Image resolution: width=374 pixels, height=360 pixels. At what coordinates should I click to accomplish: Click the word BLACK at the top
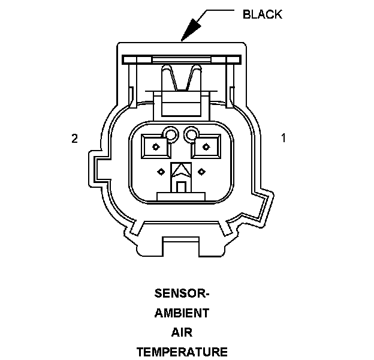tap(263, 14)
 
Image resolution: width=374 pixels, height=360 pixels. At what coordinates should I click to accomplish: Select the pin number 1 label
tap(283, 138)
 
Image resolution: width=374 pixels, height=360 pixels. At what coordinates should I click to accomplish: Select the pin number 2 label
tap(75, 139)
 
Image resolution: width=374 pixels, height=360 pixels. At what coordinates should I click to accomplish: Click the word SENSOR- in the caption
tap(182, 293)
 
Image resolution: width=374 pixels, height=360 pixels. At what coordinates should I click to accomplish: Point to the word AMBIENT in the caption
tap(182, 313)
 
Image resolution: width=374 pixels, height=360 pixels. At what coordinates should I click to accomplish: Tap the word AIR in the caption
tap(182, 332)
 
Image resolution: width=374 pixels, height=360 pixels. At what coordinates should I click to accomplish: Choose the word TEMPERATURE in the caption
tap(182, 352)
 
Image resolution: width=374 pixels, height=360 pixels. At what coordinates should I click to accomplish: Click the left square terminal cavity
tap(156, 146)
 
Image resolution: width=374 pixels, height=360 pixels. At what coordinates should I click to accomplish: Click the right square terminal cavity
tap(206, 146)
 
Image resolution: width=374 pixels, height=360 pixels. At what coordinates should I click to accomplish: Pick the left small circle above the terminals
tap(170, 136)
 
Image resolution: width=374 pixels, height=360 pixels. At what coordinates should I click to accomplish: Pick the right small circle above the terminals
tap(191, 134)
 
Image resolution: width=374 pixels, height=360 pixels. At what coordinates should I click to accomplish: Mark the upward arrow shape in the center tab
tap(181, 171)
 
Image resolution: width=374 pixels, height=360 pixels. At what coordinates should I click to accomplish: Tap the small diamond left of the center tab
tap(161, 172)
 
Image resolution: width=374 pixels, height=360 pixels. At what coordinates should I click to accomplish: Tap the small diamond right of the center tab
tap(202, 172)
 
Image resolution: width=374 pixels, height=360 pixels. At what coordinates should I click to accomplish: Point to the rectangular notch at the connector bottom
tap(180, 247)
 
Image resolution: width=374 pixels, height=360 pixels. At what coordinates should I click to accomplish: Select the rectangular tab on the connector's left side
tap(95, 169)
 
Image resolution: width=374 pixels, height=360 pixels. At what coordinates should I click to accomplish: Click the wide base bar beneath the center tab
tap(181, 196)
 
